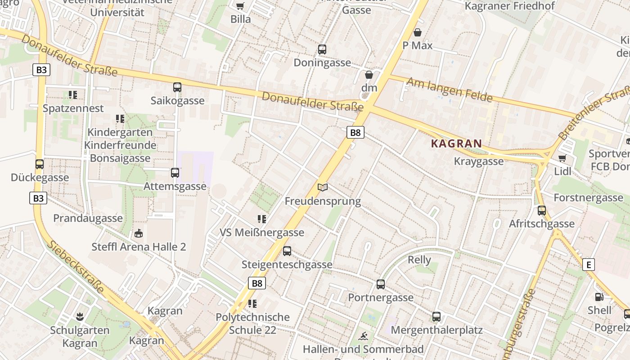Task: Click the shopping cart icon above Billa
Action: point(240,5)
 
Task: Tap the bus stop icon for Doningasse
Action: point(322,49)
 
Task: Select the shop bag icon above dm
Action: point(369,75)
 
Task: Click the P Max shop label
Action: point(417,45)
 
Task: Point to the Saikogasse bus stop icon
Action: point(177,87)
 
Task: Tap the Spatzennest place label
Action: point(73,108)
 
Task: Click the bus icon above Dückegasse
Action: point(40,164)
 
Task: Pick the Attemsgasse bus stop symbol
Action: point(175,172)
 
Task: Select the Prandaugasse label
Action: point(88,218)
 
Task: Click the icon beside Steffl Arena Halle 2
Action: point(139,234)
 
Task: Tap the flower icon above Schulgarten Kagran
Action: point(80,316)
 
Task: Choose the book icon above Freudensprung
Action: point(323,187)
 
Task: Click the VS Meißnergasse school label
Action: point(262,233)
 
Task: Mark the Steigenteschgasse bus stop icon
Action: point(287,251)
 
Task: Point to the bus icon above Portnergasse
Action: point(381,284)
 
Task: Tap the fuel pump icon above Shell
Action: point(599,297)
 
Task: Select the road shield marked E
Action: point(588,265)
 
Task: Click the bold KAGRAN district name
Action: point(456,144)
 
